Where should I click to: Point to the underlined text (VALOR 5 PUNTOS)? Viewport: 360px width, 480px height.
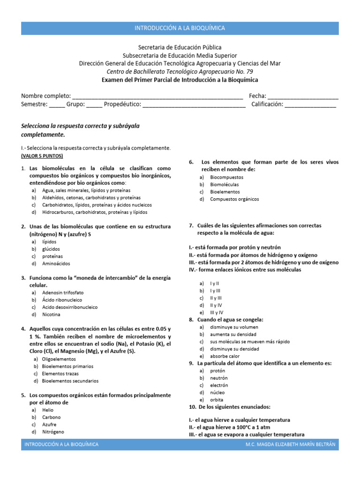(x=42, y=156)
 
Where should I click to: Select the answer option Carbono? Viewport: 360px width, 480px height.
(x=51, y=417)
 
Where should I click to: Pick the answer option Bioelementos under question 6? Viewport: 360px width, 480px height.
(x=225, y=192)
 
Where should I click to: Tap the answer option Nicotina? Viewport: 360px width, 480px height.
(x=51, y=315)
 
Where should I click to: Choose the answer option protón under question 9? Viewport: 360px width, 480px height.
(x=218, y=370)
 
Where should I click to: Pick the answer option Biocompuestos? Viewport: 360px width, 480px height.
(x=227, y=177)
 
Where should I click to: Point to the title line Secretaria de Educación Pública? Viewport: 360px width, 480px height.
(x=180, y=47)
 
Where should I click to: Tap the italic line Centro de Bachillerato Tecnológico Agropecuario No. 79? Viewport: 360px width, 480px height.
(x=180, y=71)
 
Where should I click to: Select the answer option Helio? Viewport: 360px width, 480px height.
(x=48, y=410)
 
